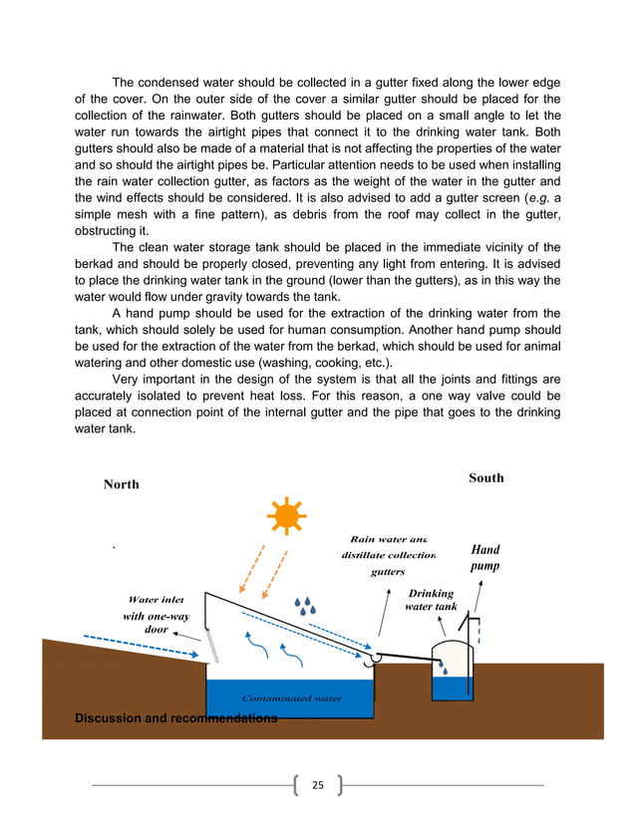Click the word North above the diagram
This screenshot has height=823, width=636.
click(122, 484)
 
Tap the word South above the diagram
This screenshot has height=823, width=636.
click(485, 478)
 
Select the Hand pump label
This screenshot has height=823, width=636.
click(484, 557)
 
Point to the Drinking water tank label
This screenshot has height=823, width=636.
click(431, 600)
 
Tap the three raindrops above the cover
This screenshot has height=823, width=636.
click(305, 606)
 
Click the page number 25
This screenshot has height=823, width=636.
click(318, 785)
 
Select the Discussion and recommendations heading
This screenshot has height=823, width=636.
click(176, 717)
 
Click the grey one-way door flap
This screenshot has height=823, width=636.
click(213, 645)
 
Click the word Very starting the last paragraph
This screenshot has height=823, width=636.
click(130, 380)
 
